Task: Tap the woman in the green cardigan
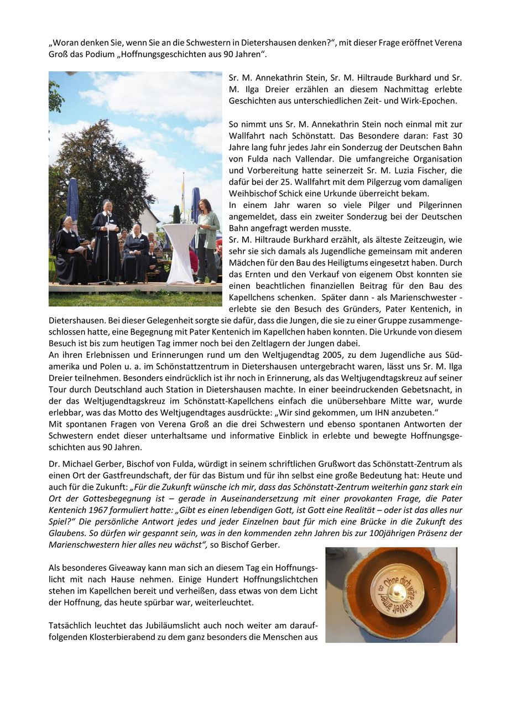pyautogui.click(x=207, y=238)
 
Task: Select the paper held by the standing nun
pyautogui.click(x=112, y=226)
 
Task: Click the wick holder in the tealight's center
pyautogui.click(x=397, y=591)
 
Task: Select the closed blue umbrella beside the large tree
pyautogui.click(x=73, y=202)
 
